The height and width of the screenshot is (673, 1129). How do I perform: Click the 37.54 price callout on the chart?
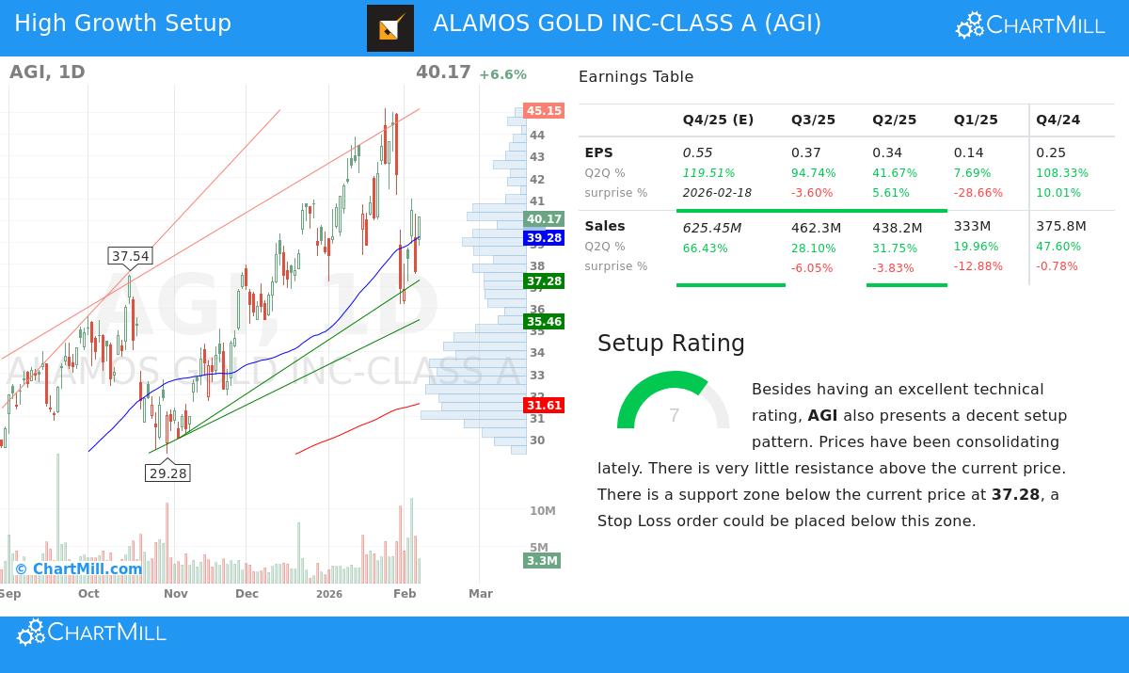pyautogui.click(x=130, y=256)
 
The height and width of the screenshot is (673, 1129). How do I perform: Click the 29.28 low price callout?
pyautogui.click(x=167, y=473)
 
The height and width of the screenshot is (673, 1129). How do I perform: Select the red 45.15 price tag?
pyautogui.click(x=544, y=111)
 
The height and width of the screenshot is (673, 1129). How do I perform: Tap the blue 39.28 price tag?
pyautogui.click(x=544, y=238)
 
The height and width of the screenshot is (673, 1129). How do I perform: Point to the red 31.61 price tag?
pyautogui.click(x=544, y=406)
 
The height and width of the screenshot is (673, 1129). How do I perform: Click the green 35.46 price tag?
pyautogui.click(x=544, y=322)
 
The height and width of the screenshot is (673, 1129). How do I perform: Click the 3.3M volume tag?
pyautogui.click(x=542, y=561)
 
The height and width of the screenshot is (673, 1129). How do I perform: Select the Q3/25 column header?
pyautogui.click(x=813, y=120)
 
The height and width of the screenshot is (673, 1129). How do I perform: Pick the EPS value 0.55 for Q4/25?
pyautogui.click(x=697, y=152)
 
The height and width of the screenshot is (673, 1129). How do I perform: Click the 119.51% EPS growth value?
pyautogui.click(x=708, y=173)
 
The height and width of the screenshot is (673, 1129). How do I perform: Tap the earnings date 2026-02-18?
pyautogui.click(x=717, y=193)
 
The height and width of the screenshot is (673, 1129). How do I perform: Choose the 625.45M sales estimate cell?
pyautogui.click(x=711, y=227)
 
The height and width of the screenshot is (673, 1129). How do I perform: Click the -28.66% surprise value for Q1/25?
pyautogui.click(x=978, y=193)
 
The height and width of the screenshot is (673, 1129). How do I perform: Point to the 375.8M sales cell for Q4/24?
pyautogui.click(x=1060, y=227)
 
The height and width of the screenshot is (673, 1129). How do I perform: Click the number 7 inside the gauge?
pyautogui.click(x=674, y=416)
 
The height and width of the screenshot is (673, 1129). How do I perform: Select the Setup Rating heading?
pyautogui.click(x=671, y=344)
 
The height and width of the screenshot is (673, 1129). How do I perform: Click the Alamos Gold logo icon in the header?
pyautogui.click(x=390, y=28)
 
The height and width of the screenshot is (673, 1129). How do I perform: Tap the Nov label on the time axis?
pyautogui.click(x=176, y=594)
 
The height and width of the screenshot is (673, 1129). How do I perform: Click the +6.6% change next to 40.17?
pyautogui.click(x=502, y=75)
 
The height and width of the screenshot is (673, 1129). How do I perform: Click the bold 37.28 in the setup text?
pyautogui.click(x=1015, y=494)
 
